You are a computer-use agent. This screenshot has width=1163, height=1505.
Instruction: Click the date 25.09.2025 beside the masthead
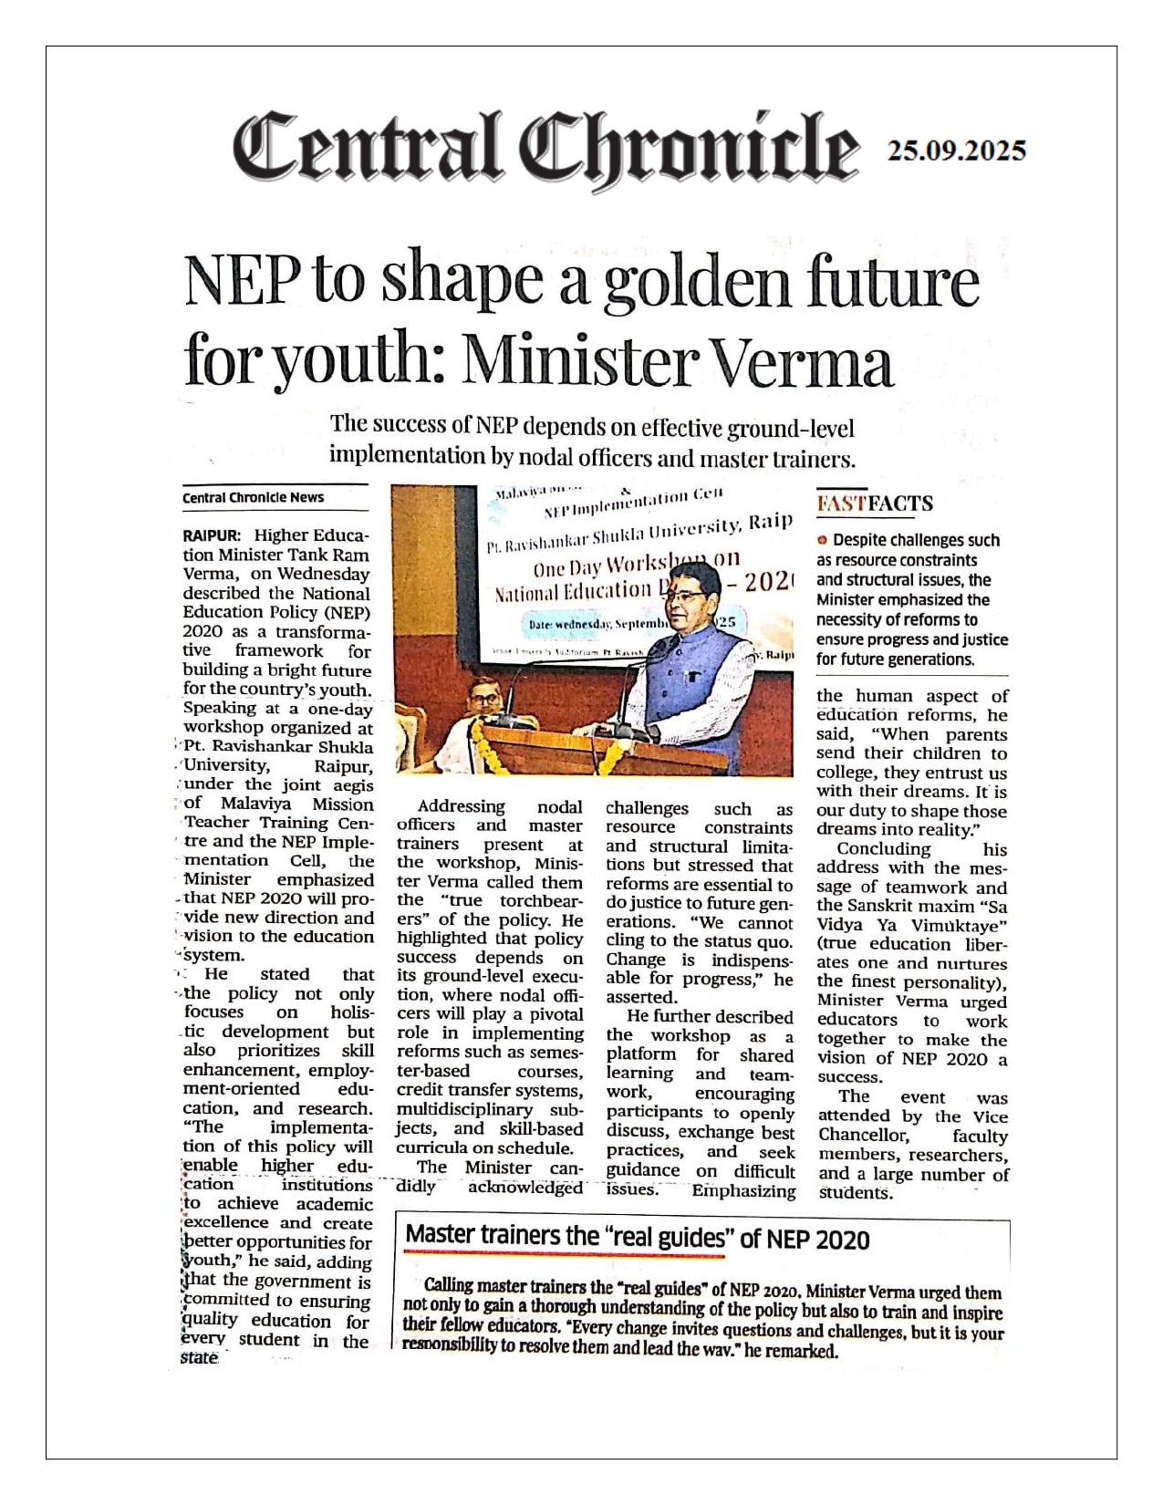(957, 150)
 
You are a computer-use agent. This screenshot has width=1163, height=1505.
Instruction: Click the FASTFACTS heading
(874, 503)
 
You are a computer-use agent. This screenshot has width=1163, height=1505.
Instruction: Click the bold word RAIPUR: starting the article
(211, 535)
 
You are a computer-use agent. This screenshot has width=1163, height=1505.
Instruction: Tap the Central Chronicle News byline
(253, 497)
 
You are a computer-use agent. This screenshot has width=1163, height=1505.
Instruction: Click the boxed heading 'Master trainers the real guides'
(637, 1238)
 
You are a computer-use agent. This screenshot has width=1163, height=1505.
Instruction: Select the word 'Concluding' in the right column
(883, 849)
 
